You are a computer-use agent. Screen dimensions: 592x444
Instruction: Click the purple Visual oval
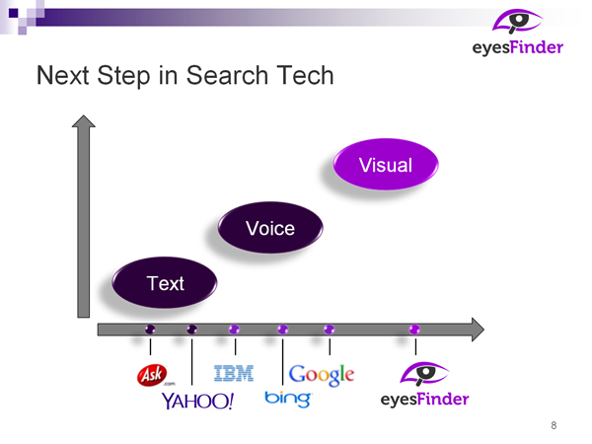pos(386,164)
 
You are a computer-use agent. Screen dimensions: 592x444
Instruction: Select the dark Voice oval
pos(270,227)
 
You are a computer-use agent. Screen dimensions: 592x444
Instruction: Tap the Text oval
pos(165,282)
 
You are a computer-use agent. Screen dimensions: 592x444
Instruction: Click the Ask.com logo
pos(155,375)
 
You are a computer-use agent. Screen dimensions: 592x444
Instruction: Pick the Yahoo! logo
pos(198,401)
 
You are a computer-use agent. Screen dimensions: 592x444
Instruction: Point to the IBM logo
pos(234,373)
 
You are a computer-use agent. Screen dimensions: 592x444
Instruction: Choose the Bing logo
pos(288,399)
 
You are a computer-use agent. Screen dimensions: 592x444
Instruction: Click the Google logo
pos(322,375)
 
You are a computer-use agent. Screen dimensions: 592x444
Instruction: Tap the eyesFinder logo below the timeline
pos(424,385)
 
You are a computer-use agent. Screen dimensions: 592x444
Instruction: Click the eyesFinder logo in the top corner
pos(518,33)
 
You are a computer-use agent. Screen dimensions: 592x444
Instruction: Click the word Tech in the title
pos(305,75)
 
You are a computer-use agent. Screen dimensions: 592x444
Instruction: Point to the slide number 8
pos(554,425)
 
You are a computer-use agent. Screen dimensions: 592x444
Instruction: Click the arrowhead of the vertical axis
pos(84,120)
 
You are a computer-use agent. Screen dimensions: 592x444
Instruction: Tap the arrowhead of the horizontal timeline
pos(478,330)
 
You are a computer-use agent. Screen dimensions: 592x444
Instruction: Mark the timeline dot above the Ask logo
pos(150,330)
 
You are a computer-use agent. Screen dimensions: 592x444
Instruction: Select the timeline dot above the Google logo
pos(330,330)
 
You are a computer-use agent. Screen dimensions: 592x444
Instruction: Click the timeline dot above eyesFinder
pos(414,330)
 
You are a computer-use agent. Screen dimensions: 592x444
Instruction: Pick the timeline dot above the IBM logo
pos(234,330)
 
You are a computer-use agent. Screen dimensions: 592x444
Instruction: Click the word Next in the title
pos(63,75)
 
